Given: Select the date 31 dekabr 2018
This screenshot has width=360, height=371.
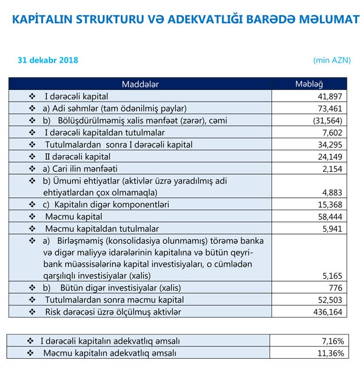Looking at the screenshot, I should pos(48,60).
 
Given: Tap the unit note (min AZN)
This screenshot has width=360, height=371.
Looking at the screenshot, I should pos(332,60).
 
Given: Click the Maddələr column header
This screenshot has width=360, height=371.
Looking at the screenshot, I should pos(140,84).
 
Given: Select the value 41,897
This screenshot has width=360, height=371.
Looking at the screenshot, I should pos(329,96).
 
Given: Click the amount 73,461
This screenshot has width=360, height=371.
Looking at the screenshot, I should pos(329,108).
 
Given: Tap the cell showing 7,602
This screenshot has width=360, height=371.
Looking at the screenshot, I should pos(332,132).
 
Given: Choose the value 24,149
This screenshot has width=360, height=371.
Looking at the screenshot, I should pos(329,156).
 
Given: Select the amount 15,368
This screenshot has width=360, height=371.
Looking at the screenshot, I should pos(329,204).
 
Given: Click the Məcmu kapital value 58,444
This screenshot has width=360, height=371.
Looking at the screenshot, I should pos(329,217).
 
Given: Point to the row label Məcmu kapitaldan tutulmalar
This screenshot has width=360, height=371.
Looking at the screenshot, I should pos(102,229).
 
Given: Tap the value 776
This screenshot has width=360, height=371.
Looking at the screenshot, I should pos(335,288).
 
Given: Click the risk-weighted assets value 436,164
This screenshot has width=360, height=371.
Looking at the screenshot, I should pos(327,312).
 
